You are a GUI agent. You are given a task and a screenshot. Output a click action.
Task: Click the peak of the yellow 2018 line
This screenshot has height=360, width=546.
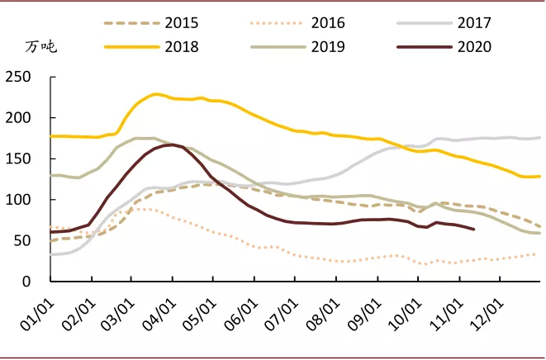[x=156, y=94]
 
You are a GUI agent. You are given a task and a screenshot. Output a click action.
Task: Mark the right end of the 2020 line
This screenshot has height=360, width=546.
[x=473, y=229]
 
